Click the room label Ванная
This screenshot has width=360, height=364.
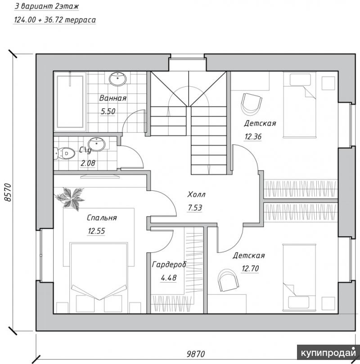coord(113,98)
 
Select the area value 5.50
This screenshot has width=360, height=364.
coord(108,112)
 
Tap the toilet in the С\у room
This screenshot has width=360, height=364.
coord(64,153)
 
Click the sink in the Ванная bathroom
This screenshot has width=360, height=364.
coord(118,79)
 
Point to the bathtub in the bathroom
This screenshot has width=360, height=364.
coord(70,101)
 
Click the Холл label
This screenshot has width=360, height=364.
coord(196,194)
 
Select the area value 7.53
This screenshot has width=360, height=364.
coord(195,208)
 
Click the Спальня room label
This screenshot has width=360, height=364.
coord(102,218)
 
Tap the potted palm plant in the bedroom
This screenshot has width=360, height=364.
coord(70,198)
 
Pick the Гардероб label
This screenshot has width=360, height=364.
coord(169,265)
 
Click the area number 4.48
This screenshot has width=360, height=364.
coord(168,278)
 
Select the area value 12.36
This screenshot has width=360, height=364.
coord(253,136)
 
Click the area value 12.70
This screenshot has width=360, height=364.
coord(250,269)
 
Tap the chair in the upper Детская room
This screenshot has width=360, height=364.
coord(252,104)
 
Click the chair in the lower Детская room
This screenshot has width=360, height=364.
coord(229,280)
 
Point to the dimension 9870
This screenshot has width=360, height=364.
coord(196,354)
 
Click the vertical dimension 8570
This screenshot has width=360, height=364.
coord(8,193)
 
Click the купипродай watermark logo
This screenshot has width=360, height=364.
coord(328,353)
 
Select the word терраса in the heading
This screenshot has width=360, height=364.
coord(80,20)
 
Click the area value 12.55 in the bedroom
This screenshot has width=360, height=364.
coord(96,231)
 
